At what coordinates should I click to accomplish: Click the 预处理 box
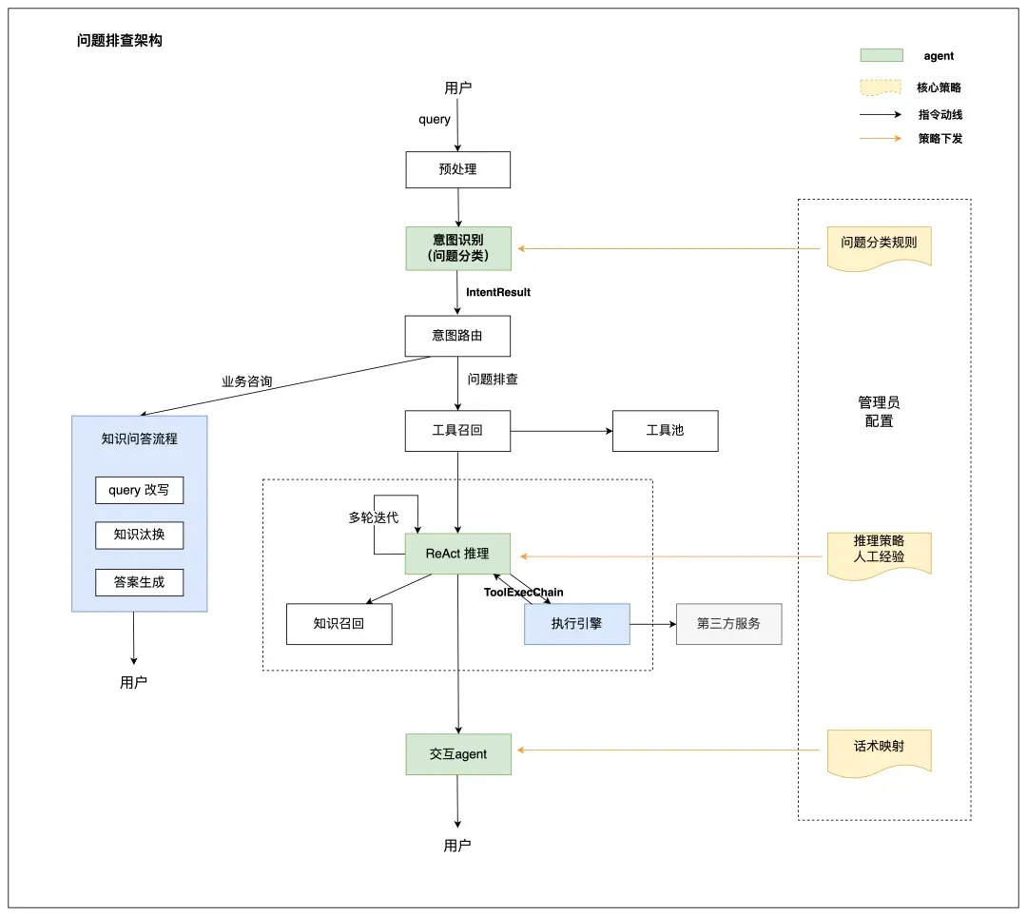457,169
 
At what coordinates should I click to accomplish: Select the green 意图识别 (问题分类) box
458,248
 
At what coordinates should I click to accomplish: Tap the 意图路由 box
457,336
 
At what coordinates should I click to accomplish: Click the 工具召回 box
457,430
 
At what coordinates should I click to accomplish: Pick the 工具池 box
665,430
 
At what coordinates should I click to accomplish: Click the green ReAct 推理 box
457,554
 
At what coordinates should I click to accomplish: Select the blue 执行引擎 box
576,624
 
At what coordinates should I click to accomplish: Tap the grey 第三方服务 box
728,624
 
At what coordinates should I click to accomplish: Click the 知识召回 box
339,624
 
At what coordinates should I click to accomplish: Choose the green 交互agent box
457,754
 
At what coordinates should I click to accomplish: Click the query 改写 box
139,490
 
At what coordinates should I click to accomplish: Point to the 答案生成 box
139,582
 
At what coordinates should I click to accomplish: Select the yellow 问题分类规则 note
879,244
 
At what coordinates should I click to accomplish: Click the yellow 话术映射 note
879,748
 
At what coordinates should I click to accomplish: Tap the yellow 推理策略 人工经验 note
879,551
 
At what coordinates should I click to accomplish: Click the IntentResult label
498,292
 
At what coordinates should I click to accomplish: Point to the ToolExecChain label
524,593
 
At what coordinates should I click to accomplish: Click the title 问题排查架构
120,41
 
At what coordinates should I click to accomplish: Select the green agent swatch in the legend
882,56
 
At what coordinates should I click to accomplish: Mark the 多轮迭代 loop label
374,518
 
